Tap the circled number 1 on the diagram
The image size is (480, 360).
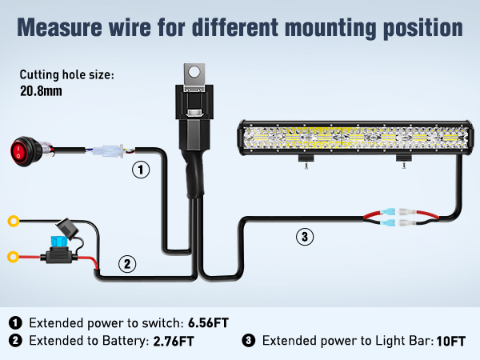tap(141, 170)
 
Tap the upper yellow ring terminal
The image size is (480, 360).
tap(14, 221)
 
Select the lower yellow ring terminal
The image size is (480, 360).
tap(14, 257)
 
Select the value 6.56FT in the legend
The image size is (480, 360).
tap(209, 323)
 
